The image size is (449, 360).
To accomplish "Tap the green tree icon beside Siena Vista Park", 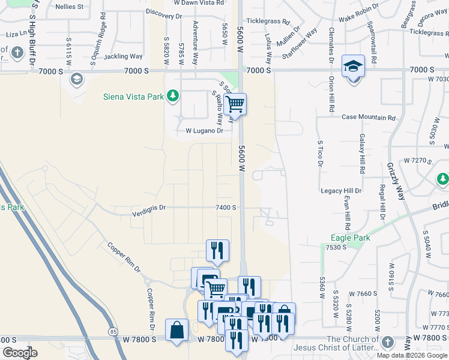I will pyautogui.click(x=173, y=95).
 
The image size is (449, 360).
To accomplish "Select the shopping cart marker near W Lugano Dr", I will pyautogui.click(x=235, y=104).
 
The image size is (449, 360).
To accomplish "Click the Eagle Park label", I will pyautogui.click(x=351, y=238).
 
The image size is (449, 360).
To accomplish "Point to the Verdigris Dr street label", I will pyautogui.click(x=148, y=207).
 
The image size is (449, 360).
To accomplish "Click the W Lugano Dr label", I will pyautogui.click(x=204, y=130).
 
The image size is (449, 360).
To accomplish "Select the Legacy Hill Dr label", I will pyautogui.click(x=341, y=191).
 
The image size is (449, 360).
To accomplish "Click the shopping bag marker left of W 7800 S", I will pyautogui.click(x=176, y=329).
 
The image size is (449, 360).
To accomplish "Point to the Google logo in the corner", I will pyautogui.click(x=20, y=352).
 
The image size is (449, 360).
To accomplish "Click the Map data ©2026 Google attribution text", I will pyautogui.click(x=412, y=355).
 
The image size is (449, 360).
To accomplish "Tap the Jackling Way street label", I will pyautogui.click(x=123, y=56).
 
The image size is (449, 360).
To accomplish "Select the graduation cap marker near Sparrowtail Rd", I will pyautogui.click(x=353, y=66).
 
